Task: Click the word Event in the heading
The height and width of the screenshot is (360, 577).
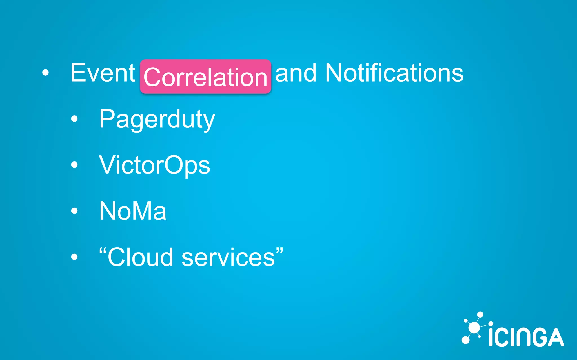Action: click(103, 73)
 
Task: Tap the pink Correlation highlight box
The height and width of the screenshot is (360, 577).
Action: click(205, 76)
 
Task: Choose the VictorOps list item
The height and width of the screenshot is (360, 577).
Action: click(154, 165)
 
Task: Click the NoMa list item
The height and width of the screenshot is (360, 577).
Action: click(133, 211)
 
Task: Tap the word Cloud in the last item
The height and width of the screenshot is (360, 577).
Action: click(140, 257)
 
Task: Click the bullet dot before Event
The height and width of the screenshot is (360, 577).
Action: click(45, 73)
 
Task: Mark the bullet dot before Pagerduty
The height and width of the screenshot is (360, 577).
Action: click(74, 119)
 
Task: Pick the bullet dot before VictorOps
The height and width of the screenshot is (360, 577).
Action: click(74, 165)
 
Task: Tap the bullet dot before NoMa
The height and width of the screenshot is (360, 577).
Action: click(74, 210)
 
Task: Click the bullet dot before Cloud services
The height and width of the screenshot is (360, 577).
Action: click(74, 256)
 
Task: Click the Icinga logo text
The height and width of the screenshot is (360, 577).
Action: click(526, 337)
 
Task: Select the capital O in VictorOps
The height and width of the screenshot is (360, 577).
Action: click(174, 165)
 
